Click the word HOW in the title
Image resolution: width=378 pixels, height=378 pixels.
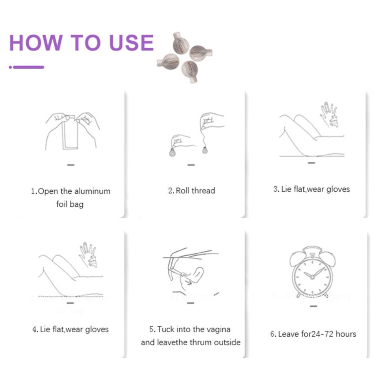(x=36, y=43)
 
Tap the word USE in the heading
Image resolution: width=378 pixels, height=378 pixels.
(x=132, y=43)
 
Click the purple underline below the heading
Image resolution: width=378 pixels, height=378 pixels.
(x=26, y=67)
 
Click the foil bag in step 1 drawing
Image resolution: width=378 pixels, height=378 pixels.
(x=70, y=133)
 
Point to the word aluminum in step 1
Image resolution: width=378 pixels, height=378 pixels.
(x=92, y=191)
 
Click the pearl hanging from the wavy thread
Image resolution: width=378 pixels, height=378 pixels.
(x=205, y=150)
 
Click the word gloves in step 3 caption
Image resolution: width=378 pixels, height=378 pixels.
(x=338, y=189)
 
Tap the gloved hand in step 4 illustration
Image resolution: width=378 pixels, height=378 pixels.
(x=88, y=255)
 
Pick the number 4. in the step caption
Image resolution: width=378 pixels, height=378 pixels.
(x=35, y=330)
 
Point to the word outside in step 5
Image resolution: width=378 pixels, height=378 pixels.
(x=227, y=342)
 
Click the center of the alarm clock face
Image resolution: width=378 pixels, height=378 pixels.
(x=312, y=277)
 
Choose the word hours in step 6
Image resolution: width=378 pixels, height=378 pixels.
(x=346, y=334)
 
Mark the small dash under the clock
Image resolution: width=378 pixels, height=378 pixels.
(x=313, y=306)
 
